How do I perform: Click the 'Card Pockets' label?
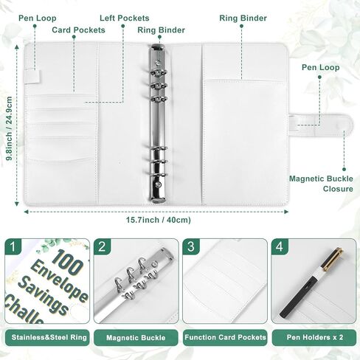pyautogui.click(x=78, y=30)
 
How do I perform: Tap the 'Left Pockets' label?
pyautogui.click(x=125, y=18)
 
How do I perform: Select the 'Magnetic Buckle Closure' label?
pyautogui.click(x=321, y=184)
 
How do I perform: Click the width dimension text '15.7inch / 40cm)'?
pyautogui.click(x=159, y=220)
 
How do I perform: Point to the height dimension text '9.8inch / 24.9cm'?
pyautogui.click(x=9, y=128)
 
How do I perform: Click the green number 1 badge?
pyautogui.click(x=13, y=246)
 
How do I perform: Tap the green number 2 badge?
pyautogui.click(x=102, y=246)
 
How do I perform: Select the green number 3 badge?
pyautogui.click(x=191, y=246)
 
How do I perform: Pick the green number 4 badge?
pyautogui.click(x=280, y=246)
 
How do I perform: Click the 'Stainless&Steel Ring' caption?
pyautogui.click(x=49, y=337)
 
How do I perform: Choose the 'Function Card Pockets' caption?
pyautogui.click(x=225, y=337)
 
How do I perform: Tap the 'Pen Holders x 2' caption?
pyautogui.click(x=315, y=337)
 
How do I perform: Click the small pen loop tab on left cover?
pyautogui.click(x=32, y=77)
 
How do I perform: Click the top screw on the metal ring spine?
pyautogui.click(x=157, y=63)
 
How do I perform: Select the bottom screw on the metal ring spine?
pyautogui.click(x=158, y=184)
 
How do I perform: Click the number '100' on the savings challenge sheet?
pyautogui.click(x=69, y=263)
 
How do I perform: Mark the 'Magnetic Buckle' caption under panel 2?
pyautogui.click(x=136, y=338)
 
